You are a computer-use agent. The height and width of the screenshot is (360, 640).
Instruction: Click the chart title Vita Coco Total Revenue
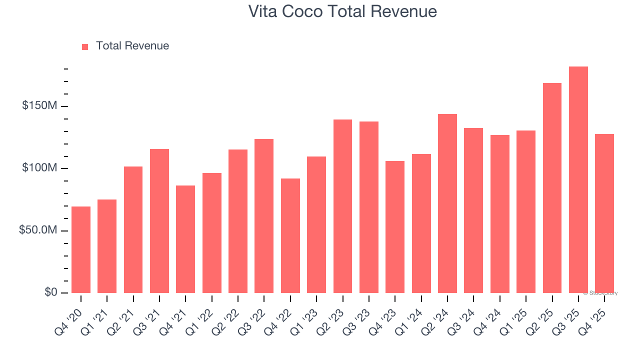coord(342,11)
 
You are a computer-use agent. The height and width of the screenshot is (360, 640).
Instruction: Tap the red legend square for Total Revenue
coord(85,46)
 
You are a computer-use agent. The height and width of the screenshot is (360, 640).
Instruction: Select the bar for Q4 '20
coord(81,249)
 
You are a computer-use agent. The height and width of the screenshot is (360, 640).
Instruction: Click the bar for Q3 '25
coord(578,179)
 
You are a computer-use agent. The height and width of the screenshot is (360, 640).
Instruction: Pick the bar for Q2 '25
coord(552,187)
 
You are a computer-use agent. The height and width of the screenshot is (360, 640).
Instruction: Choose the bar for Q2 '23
coord(342,206)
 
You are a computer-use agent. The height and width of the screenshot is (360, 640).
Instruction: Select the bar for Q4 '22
coord(290,235)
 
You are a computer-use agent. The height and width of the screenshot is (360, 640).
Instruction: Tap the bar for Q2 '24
coord(447,203)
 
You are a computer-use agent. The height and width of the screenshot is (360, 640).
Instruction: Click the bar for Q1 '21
coord(107,246)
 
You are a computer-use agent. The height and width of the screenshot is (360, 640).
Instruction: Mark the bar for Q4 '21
coord(185,239)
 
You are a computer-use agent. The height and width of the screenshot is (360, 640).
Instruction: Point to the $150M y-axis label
coord(39,106)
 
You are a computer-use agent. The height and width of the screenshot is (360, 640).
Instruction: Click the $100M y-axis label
coord(39,168)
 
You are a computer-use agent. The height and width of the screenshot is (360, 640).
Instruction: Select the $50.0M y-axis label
coord(38,230)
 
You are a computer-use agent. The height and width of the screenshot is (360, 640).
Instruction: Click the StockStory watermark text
coord(600,293)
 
